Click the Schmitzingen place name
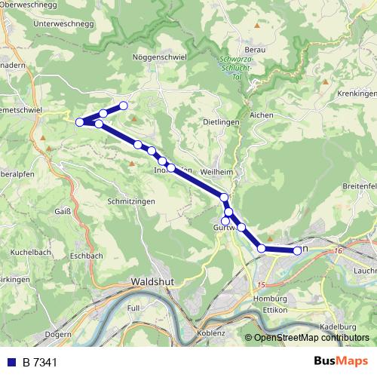131,202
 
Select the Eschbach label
85,256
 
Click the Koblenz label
210,332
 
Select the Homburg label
259,299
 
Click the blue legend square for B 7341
10,362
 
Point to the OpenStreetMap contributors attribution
306,337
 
